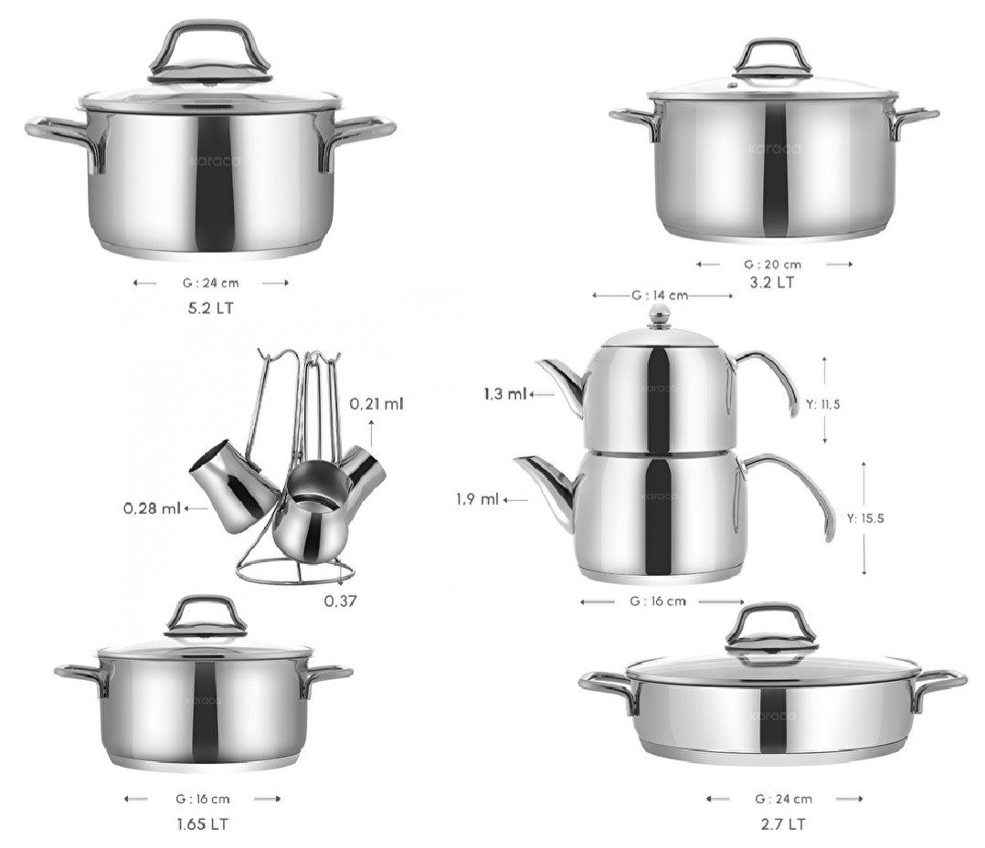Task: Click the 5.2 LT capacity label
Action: (210, 309)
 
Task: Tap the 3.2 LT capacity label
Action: (772, 282)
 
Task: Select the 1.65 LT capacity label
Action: (202, 824)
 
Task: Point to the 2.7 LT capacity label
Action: (783, 824)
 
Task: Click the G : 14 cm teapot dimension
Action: (660, 295)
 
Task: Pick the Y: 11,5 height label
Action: (823, 404)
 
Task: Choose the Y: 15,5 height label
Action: (865, 518)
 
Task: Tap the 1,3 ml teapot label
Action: (505, 394)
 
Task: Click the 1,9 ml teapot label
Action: (477, 499)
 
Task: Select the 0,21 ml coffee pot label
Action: (376, 403)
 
